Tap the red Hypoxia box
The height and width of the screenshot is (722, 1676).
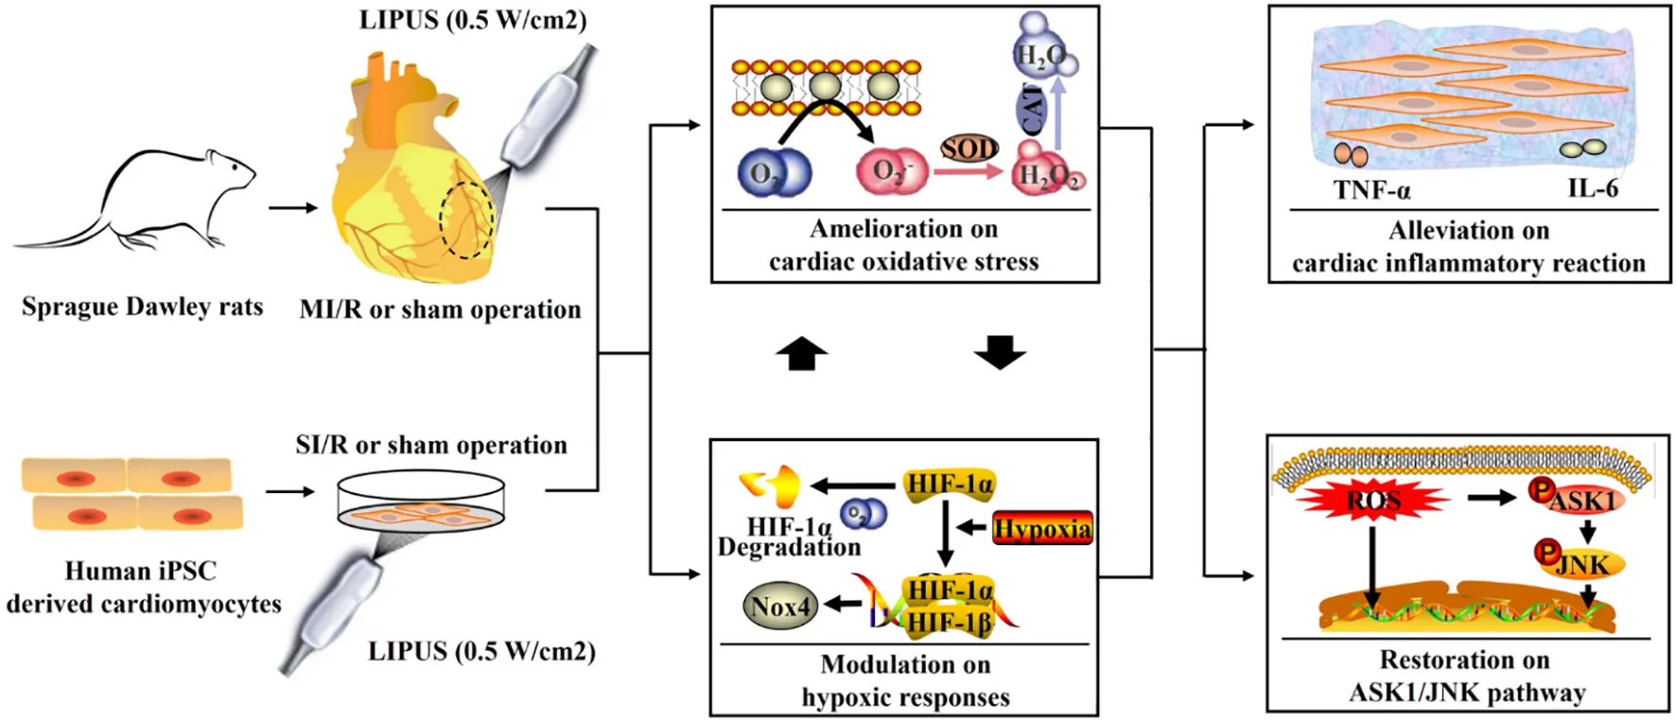pos(1042,528)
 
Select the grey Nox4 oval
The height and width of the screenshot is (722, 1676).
pos(780,607)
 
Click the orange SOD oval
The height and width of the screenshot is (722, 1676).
pos(969,149)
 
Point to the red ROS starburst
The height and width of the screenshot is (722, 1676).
pos(1372,500)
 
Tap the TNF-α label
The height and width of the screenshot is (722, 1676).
pos(1371,191)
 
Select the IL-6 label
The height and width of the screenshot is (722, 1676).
pos(1593,188)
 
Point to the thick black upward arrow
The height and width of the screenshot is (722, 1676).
pos(801,354)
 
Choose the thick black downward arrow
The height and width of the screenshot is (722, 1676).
pos(1000,352)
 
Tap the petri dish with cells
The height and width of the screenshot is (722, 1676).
pos(421,500)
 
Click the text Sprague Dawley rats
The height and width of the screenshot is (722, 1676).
pos(143,307)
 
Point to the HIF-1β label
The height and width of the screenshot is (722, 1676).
pos(949,621)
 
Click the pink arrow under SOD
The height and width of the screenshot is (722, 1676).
pos(968,171)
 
